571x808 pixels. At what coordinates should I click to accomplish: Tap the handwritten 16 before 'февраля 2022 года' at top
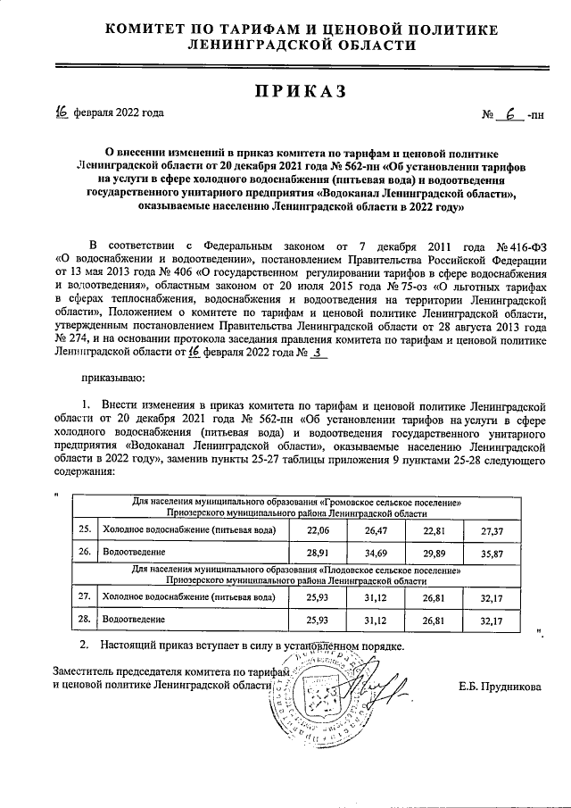point(61,112)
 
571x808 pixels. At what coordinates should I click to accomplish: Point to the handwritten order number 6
point(511,114)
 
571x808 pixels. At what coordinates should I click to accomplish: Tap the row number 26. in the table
point(85,554)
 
